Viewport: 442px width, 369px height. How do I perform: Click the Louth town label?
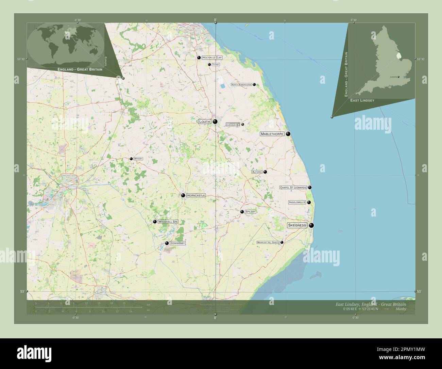pyautogui.click(x=205, y=122)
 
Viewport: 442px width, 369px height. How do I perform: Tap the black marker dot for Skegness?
pyautogui.click(x=311, y=225)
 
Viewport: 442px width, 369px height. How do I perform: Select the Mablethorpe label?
pyautogui.click(x=272, y=134)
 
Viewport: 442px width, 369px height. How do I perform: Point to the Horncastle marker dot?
pyautogui.click(x=183, y=195)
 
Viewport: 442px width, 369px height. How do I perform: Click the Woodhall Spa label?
pyautogui.click(x=168, y=222)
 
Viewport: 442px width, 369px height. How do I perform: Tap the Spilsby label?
pyautogui.click(x=250, y=212)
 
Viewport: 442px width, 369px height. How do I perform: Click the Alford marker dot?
pyautogui.click(x=265, y=172)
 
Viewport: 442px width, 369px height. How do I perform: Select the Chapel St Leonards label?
pyautogui.click(x=293, y=188)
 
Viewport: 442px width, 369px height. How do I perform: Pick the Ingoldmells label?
pyautogui.click(x=297, y=203)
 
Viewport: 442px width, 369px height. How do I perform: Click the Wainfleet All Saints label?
pyautogui.click(x=268, y=242)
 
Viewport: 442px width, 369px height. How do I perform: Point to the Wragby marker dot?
pyautogui.click(x=131, y=159)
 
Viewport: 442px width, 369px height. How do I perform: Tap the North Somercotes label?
pyautogui.click(x=241, y=84)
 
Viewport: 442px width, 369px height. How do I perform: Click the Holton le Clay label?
pyautogui.click(x=212, y=58)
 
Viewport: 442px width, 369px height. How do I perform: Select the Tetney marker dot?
pyautogui.click(x=209, y=64)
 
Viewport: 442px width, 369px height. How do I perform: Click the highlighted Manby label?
pyautogui.click(x=233, y=125)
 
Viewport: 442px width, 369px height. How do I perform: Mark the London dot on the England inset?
pyautogui.click(x=398, y=77)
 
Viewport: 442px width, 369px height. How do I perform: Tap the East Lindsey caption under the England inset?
pyautogui.click(x=362, y=100)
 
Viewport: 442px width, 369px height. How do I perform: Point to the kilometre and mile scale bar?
pyautogui.click(x=88, y=308)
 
